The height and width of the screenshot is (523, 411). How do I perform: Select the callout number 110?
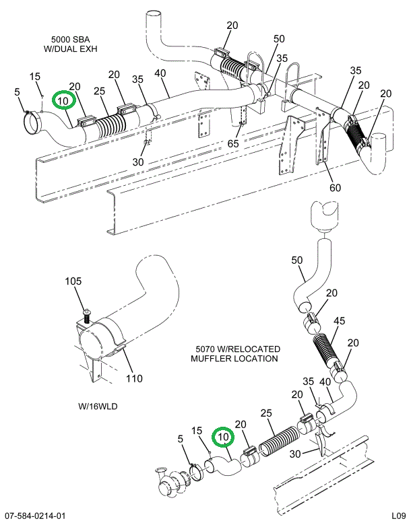pyautogui.click(x=133, y=378)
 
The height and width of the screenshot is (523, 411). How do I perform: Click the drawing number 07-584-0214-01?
pyautogui.click(x=34, y=516)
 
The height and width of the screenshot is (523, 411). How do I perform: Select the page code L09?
pyautogui.click(x=397, y=516)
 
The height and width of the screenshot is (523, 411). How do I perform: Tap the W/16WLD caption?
pyautogui.click(x=97, y=407)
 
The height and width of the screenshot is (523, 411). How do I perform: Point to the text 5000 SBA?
pyautogui.click(x=69, y=39)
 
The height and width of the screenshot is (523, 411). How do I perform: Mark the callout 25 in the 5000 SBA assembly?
pyautogui.click(x=99, y=91)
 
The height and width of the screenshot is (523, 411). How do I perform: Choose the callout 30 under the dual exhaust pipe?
pyautogui.click(x=137, y=162)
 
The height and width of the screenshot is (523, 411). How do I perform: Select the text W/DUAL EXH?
pyautogui.click(x=69, y=49)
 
